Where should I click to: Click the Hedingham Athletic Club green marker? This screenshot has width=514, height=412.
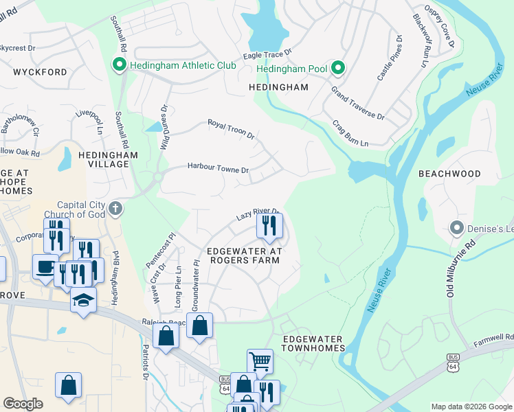[x=119, y=65]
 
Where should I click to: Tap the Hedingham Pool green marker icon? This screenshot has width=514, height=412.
[x=337, y=68]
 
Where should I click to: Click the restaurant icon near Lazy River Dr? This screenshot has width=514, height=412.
[x=269, y=226]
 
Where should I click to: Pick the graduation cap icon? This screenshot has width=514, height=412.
[x=83, y=300]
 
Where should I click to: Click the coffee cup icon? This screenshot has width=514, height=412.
[x=45, y=267]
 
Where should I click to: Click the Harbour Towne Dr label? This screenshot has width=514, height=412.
[x=218, y=168]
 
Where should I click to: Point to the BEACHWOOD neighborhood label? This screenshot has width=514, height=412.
[x=449, y=174]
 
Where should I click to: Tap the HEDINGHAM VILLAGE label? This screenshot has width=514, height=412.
[x=104, y=160]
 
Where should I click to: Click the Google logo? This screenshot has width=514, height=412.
[x=23, y=404]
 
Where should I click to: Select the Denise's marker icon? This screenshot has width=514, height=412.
[x=456, y=227]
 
